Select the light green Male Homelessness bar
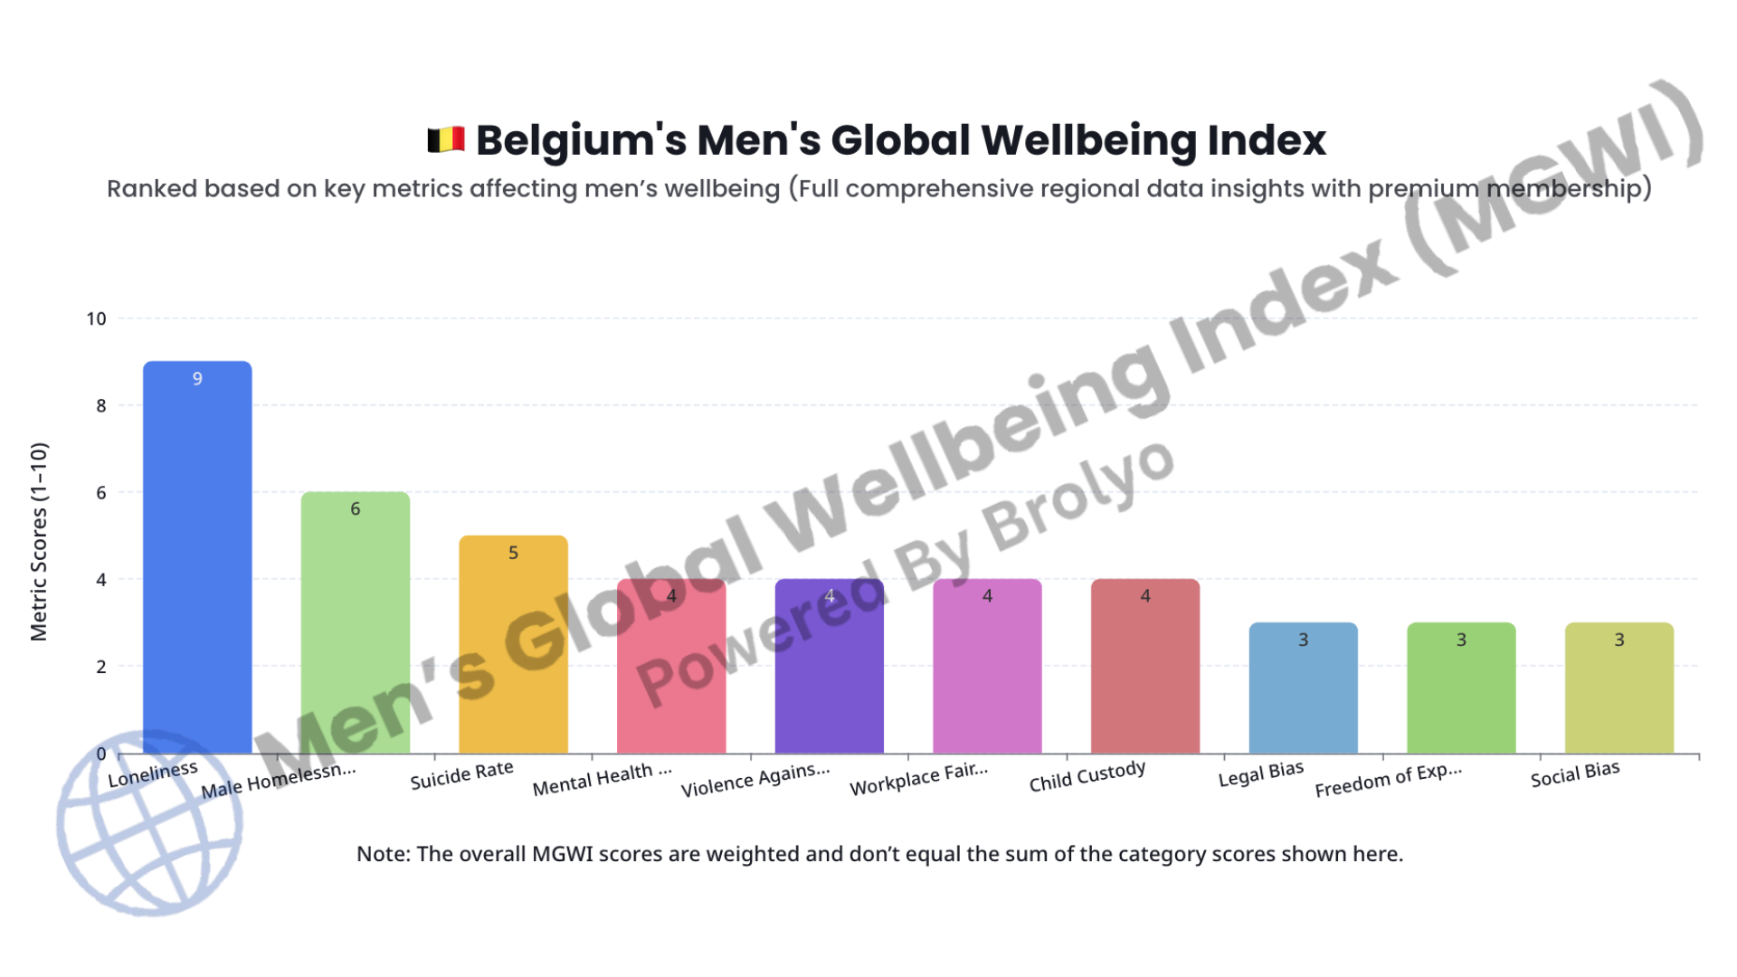click(x=355, y=624)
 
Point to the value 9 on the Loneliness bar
click(x=197, y=378)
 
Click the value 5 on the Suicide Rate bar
click(x=513, y=553)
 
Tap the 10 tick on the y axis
click(x=96, y=318)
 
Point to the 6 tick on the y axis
click(x=101, y=492)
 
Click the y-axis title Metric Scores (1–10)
click(x=38, y=541)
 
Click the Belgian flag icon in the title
click(x=445, y=140)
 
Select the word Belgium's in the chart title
click(x=578, y=140)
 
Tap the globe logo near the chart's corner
click(x=149, y=823)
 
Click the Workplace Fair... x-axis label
click(x=918, y=779)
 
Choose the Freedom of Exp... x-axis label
click(x=1388, y=781)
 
